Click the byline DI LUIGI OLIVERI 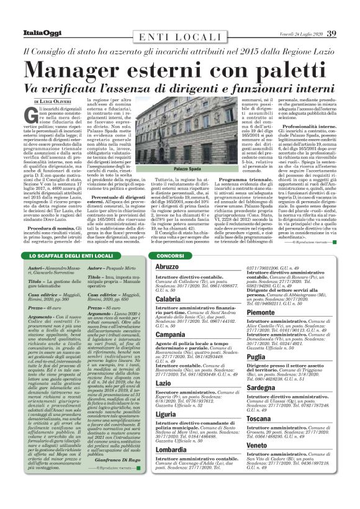click(x=52, y=100)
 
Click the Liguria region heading click(x=166, y=413)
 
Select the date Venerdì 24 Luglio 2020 click(x=297, y=33)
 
